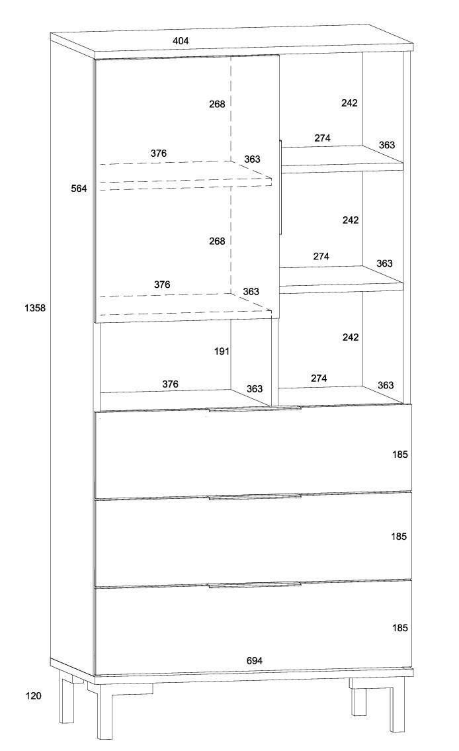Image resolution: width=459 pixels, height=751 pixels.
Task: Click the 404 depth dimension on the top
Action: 181,41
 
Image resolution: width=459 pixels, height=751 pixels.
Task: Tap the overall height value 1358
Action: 34,308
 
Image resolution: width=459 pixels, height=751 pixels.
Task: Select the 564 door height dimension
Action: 79,189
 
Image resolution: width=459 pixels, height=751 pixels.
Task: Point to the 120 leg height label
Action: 33,695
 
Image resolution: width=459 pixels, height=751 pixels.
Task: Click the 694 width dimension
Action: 255,660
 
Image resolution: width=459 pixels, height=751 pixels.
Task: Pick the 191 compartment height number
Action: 222,351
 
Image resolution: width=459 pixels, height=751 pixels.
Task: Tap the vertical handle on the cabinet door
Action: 281,187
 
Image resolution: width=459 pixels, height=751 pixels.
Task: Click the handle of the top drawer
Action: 254,410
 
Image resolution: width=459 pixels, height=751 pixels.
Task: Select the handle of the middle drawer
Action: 254,496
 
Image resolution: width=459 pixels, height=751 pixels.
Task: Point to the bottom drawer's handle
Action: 254,585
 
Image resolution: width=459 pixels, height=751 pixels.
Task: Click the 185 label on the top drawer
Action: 399,455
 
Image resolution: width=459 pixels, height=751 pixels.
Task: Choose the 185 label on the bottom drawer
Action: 399,627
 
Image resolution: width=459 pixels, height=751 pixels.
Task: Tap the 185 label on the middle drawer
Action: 399,537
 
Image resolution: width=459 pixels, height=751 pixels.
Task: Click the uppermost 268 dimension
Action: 217,104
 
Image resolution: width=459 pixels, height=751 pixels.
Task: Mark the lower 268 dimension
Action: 217,242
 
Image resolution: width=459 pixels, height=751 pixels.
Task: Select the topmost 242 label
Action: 350,103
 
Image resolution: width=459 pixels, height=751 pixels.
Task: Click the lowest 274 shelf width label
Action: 319,378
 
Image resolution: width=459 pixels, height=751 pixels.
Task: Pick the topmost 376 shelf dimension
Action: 159,154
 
